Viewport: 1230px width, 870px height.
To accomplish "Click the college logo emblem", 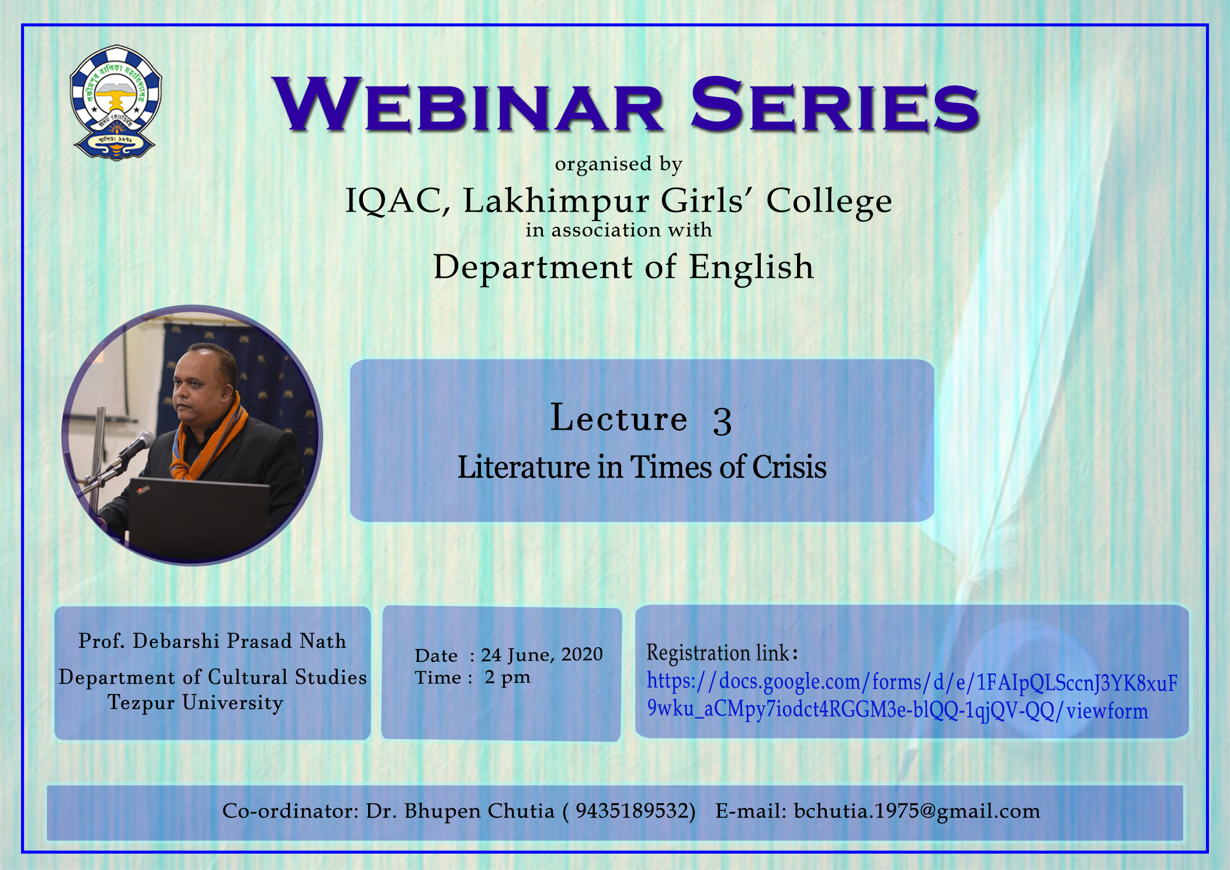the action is tap(116, 103).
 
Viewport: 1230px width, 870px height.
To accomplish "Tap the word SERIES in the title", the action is tap(834, 105).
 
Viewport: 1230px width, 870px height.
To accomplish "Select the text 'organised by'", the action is tap(619, 164).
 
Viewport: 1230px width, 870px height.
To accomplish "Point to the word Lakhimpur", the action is tap(556, 201).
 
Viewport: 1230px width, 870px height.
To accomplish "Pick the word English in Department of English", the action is tap(751, 267).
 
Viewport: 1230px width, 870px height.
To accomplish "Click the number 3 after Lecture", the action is tap(722, 420).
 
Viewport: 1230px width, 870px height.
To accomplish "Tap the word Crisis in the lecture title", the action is tap(789, 467).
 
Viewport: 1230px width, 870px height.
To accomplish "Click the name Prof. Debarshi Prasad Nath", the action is tap(213, 641).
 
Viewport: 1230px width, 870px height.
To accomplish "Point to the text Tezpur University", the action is tap(196, 703).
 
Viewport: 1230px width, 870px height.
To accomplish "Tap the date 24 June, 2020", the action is tap(542, 654).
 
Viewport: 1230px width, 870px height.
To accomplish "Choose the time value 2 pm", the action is tap(507, 678).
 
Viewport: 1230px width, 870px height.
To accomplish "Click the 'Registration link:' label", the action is tap(722, 652).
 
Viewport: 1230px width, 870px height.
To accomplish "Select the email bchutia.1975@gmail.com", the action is tap(917, 812).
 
